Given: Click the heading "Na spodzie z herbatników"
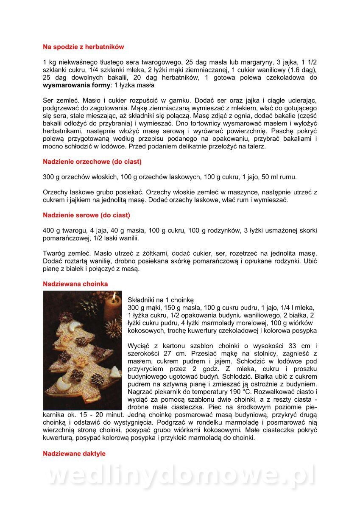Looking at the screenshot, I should pos(84,47).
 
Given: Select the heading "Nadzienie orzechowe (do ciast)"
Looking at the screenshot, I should pos(92,162).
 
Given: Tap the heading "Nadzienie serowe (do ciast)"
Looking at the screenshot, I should pos(87,215).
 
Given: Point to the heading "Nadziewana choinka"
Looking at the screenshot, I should pos(75,284).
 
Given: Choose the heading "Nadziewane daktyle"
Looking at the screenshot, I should pos(74,453).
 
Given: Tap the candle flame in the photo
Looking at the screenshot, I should pos(114,295).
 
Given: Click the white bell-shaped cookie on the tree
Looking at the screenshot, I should pos(76,327).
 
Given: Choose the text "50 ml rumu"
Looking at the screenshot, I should pos(278,177).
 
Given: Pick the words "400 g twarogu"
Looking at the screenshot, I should pos(64,231).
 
